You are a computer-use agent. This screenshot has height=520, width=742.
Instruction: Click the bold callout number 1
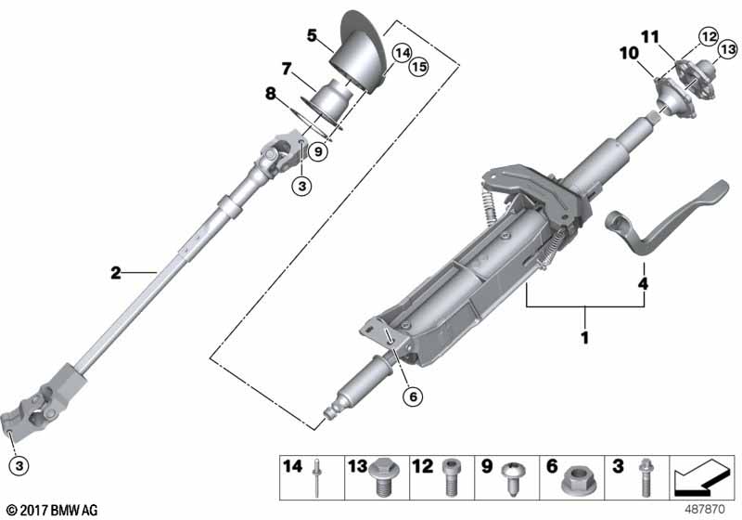pos(584,338)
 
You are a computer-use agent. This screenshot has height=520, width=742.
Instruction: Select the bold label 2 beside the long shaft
pos(115,272)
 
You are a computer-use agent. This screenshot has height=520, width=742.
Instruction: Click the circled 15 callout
pos(395,68)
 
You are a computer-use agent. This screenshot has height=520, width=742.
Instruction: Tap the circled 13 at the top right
pos(726,47)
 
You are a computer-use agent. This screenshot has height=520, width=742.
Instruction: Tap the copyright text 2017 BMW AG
pos(52,509)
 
